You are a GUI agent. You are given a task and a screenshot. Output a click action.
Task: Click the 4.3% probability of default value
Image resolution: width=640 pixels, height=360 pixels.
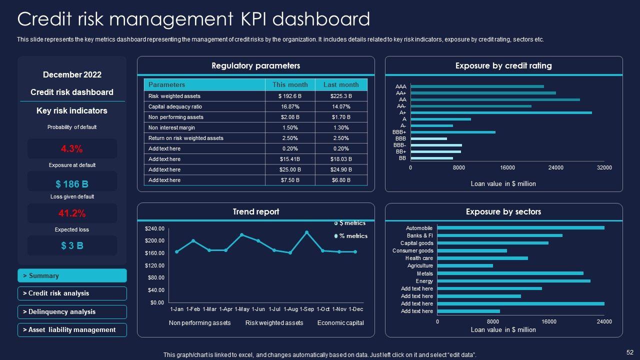(x=71, y=148)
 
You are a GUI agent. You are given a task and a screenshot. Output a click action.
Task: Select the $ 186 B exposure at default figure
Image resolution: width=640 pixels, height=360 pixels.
(x=71, y=183)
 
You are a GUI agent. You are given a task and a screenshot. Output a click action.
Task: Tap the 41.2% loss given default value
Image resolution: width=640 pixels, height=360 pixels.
(x=71, y=213)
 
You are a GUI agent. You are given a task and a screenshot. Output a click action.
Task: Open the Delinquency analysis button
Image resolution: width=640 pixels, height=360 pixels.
(x=72, y=312)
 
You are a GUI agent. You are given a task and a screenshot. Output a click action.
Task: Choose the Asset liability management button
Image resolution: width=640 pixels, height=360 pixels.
(x=72, y=330)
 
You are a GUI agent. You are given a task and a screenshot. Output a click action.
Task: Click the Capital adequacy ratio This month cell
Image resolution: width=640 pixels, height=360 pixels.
(x=290, y=106)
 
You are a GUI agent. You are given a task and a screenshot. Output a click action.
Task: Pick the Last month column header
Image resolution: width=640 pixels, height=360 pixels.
(x=341, y=85)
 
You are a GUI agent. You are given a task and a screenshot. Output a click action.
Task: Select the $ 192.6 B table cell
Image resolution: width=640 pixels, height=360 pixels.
(x=290, y=96)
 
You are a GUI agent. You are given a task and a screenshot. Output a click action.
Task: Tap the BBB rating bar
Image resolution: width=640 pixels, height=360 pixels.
(x=428, y=138)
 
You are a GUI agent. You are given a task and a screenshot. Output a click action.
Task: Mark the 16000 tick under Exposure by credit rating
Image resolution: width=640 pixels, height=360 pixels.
(x=507, y=168)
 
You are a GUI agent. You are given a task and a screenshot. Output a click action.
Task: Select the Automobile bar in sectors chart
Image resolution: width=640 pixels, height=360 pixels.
(x=520, y=228)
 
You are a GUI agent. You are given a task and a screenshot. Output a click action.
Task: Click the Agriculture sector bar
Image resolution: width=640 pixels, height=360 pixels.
(x=465, y=266)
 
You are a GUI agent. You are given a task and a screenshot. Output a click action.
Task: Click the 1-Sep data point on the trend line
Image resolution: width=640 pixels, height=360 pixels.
(x=306, y=232)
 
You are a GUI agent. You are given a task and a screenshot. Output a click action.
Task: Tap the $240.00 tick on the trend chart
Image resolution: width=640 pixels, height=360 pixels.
(x=154, y=229)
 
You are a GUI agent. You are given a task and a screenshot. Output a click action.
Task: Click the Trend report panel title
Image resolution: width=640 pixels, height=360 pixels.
(x=255, y=212)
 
